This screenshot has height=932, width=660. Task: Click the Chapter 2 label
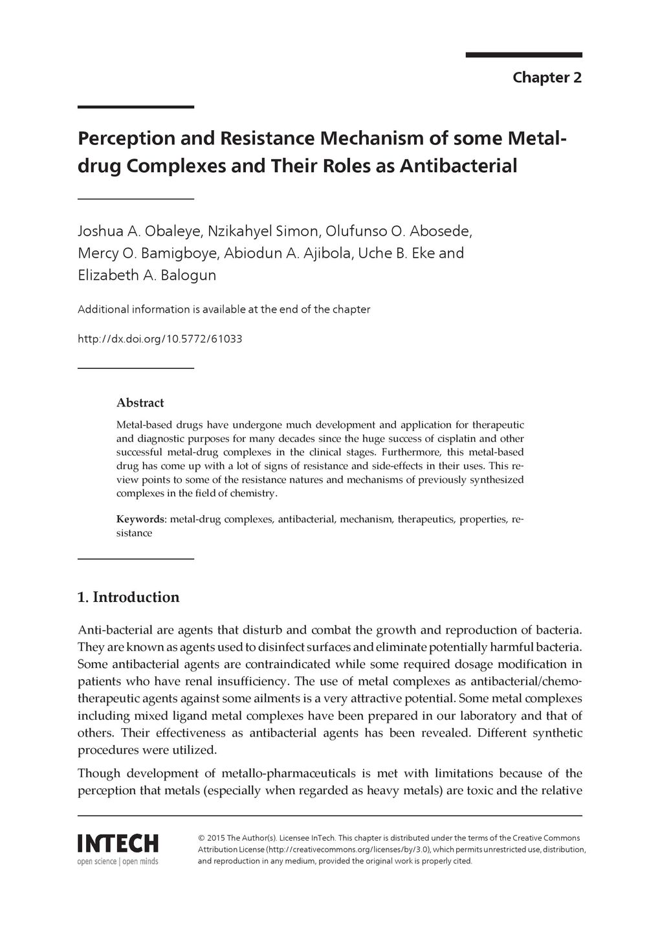(x=547, y=78)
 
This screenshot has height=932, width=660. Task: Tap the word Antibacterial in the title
(x=458, y=166)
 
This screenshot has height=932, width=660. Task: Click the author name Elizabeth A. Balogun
(x=147, y=275)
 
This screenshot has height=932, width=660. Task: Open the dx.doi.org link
(x=160, y=338)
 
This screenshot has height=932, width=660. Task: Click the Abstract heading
(x=140, y=403)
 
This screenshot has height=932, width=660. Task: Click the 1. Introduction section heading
(x=128, y=597)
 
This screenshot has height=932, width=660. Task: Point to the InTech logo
(x=118, y=843)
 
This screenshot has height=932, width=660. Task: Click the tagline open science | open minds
(x=118, y=861)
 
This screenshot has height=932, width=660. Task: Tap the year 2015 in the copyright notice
(x=217, y=838)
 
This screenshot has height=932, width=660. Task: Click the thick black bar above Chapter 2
(x=523, y=55)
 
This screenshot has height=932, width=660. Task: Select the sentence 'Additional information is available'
(x=223, y=309)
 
